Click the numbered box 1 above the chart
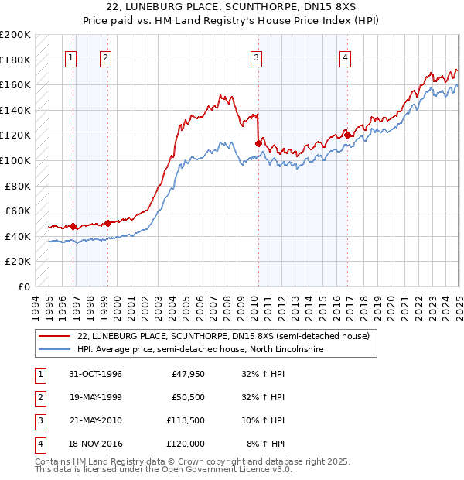tap(71, 57)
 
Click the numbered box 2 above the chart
tap(104, 57)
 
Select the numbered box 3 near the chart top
tap(256, 57)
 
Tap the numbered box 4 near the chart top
tap(345, 57)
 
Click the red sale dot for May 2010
tap(258, 142)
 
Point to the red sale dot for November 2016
tap(347, 135)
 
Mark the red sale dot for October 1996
tap(73, 226)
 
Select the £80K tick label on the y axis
tap(19, 186)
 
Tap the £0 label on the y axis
tap(26, 286)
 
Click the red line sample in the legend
tap(55, 336)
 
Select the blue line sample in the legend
tap(55, 350)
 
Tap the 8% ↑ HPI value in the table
tap(266, 444)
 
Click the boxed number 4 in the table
tap(38, 444)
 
